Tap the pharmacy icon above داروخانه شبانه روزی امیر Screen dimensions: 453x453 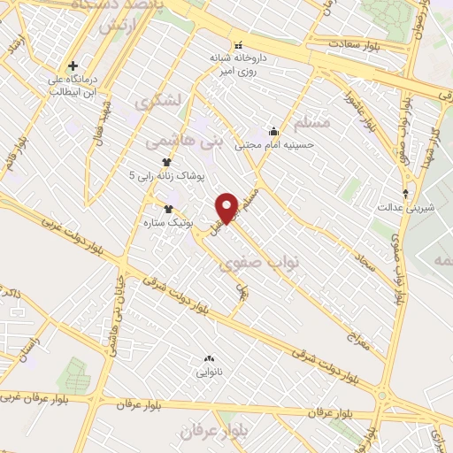pyautogui.click(x=236, y=45)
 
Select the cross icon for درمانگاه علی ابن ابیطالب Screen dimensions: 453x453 pyautogui.click(x=73, y=65)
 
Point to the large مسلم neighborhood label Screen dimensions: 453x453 pyautogui.click(x=310, y=121)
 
